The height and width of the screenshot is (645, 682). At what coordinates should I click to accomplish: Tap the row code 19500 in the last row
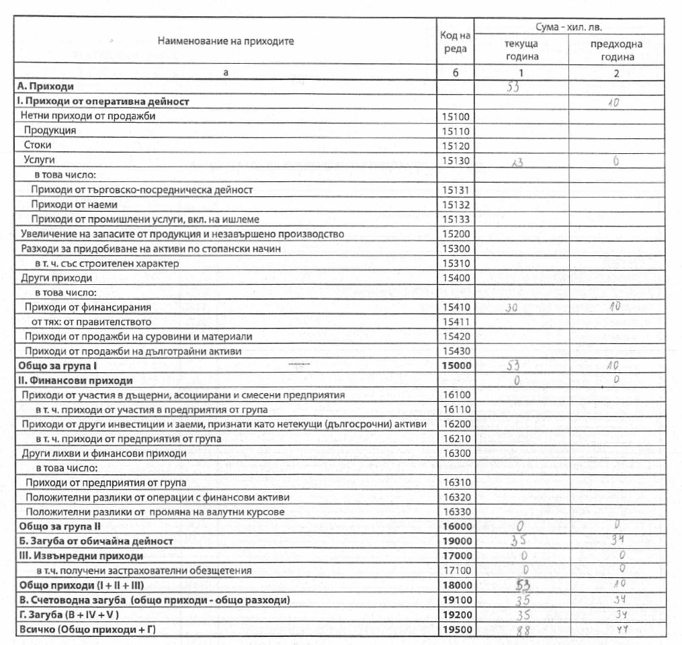pos(454,630)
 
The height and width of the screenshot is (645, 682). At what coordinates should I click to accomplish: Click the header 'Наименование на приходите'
pos(226,41)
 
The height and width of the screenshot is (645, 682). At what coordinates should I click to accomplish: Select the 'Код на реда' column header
pos(455,41)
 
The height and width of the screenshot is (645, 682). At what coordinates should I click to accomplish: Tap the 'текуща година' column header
pos(521,50)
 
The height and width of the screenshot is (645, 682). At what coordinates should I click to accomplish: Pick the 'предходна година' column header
pos(615,50)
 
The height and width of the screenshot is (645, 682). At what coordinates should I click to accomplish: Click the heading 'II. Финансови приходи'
pos(67,381)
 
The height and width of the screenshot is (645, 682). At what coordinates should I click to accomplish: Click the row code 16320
pos(454,497)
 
